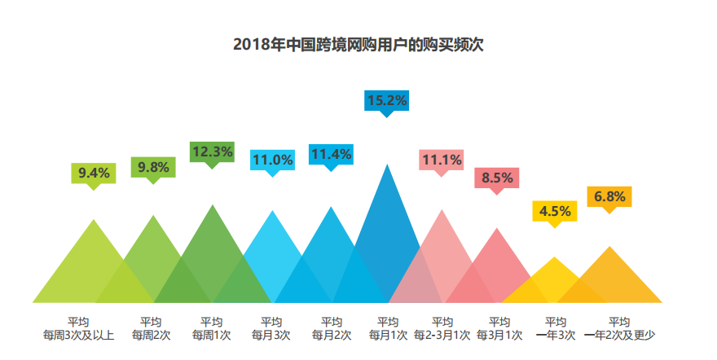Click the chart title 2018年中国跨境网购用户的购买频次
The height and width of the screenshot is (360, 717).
click(358, 44)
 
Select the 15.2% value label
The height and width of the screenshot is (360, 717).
click(387, 100)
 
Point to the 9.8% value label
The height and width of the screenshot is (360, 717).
click(153, 167)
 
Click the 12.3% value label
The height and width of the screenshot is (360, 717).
click(212, 151)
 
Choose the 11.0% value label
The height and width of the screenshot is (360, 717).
click(272, 160)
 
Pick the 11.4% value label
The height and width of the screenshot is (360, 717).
click(330, 154)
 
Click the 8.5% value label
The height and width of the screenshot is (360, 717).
click(497, 177)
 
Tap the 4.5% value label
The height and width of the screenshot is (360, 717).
click(555, 211)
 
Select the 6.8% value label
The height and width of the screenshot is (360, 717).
click(609, 196)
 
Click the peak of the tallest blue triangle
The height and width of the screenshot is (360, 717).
click(387, 165)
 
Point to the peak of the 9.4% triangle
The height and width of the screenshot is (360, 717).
click(95, 221)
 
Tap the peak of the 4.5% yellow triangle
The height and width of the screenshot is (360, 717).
click(555, 259)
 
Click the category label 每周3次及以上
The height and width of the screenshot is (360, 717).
click(79, 335)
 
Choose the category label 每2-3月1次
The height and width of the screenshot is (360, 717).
click(442, 335)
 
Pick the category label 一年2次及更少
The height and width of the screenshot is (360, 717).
click(620, 335)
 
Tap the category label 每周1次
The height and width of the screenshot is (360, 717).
click(211, 335)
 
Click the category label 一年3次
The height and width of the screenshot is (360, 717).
click(555, 335)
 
